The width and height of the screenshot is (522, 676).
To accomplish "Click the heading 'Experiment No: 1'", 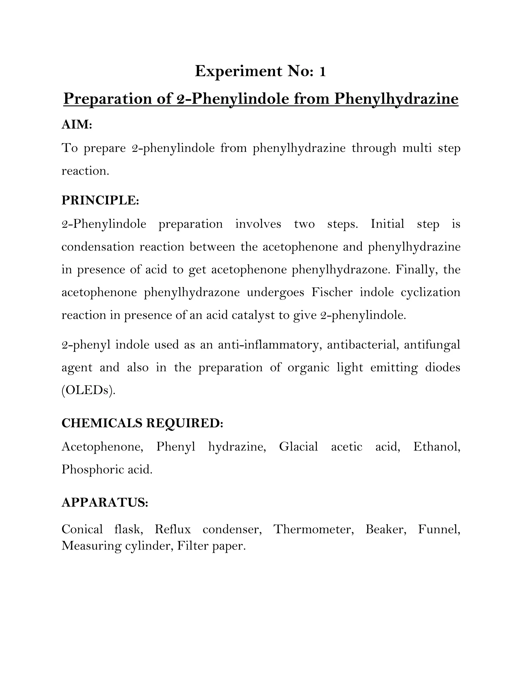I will pyautogui.click(x=260, y=71).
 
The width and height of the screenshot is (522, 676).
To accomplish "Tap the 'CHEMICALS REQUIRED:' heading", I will pyautogui.click(x=142, y=423).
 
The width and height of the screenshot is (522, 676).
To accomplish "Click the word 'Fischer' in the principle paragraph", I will pyautogui.click(x=332, y=292).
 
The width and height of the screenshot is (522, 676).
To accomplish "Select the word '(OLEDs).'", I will pyautogui.click(x=88, y=390).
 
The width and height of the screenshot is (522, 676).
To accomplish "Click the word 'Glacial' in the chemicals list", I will pyautogui.click(x=298, y=446).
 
